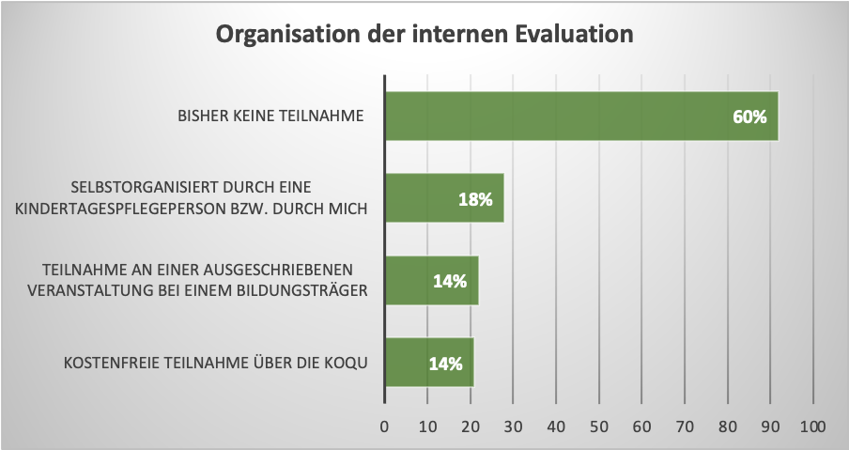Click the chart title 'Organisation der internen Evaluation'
point(424,36)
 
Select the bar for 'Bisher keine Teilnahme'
point(563,116)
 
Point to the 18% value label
point(475,199)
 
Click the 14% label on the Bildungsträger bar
point(450,281)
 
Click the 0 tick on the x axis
point(384,427)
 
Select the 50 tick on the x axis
point(598,427)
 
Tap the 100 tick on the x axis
point(812,427)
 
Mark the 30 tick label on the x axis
point(513,427)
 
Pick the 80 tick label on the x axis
point(727,427)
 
